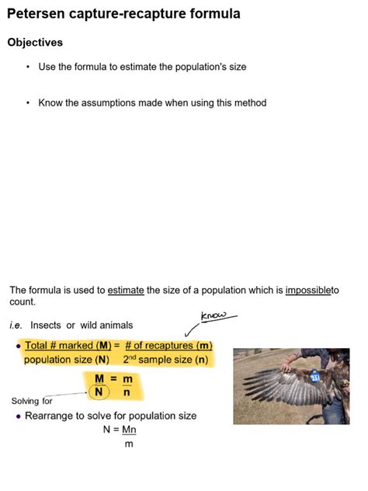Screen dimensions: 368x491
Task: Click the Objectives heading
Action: click(x=35, y=42)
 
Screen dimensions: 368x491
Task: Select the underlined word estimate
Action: click(x=126, y=290)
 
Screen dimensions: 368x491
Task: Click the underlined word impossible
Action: click(x=308, y=290)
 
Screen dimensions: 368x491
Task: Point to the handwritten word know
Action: click(x=214, y=315)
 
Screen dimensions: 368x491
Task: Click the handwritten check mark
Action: click(x=189, y=332)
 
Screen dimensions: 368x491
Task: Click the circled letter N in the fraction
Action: click(x=99, y=392)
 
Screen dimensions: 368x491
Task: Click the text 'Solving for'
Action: click(x=32, y=401)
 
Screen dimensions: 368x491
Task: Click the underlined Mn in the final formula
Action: click(x=129, y=430)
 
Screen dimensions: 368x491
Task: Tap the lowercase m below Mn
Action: click(x=129, y=444)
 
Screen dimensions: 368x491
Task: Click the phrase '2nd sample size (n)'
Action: click(x=165, y=360)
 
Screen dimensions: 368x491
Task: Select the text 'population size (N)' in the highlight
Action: click(x=67, y=360)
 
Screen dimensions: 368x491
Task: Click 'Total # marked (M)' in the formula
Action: click(x=68, y=345)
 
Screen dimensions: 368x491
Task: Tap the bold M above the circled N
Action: click(x=99, y=378)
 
